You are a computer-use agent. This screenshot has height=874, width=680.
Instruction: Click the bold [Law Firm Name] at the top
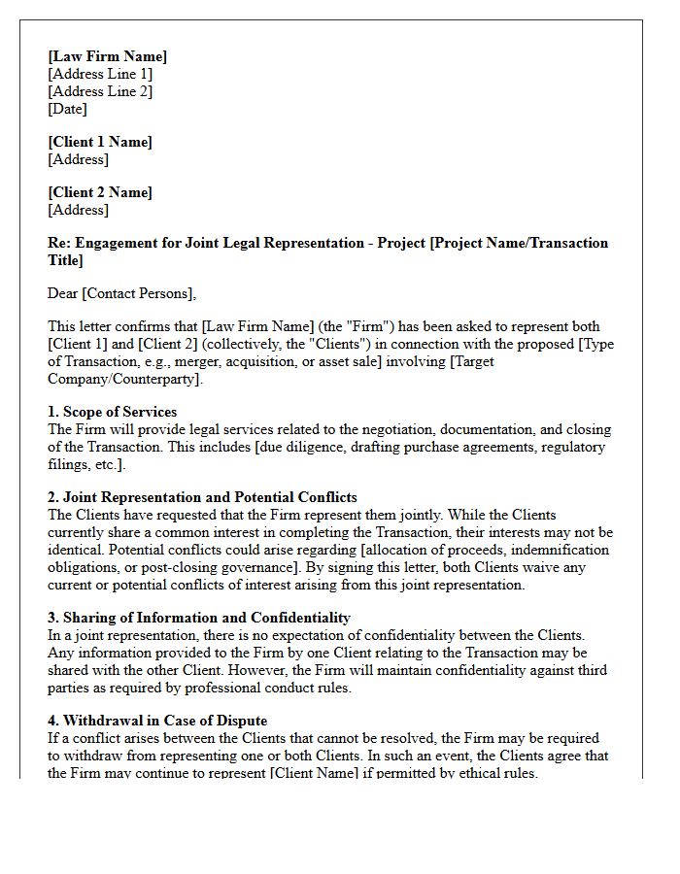click(x=107, y=56)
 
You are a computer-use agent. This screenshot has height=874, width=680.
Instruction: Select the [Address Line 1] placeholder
click(x=100, y=74)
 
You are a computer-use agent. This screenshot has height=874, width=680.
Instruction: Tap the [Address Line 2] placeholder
click(x=100, y=91)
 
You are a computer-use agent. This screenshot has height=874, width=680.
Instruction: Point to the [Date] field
click(x=68, y=109)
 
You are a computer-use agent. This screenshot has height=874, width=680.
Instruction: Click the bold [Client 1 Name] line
click(x=100, y=142)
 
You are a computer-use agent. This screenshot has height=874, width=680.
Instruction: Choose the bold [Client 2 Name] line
click(x=100, y=192)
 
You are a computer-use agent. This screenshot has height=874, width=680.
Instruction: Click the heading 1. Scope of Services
click(x=113, y=412)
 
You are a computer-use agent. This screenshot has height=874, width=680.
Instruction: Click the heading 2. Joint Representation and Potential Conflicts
click(x=202, y=497)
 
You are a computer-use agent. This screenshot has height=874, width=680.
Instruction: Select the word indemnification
click(x=563, y=550)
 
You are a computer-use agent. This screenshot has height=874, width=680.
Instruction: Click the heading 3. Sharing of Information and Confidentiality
click(x=199, y=618)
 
